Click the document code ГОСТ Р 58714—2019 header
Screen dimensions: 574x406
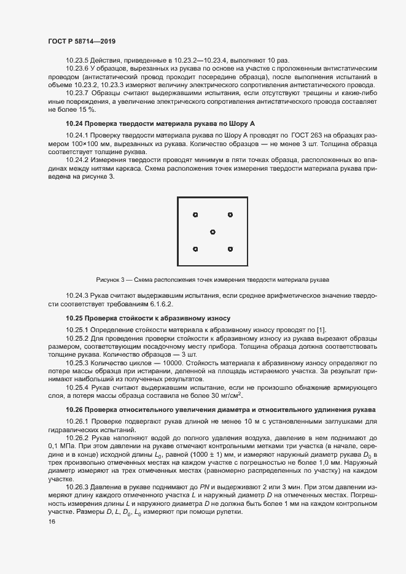pos(82,41)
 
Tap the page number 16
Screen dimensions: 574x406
pos(52,522)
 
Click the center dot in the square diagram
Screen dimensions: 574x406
pos(213,231)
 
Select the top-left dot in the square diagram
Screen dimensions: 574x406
pos(195,215)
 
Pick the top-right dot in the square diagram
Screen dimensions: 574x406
pos(230,215)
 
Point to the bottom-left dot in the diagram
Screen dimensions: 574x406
pos(195,249)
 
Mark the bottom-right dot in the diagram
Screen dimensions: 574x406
pos(230,249)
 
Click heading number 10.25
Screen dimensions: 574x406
pos(76,319)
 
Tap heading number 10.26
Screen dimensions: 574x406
pos(76,409)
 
